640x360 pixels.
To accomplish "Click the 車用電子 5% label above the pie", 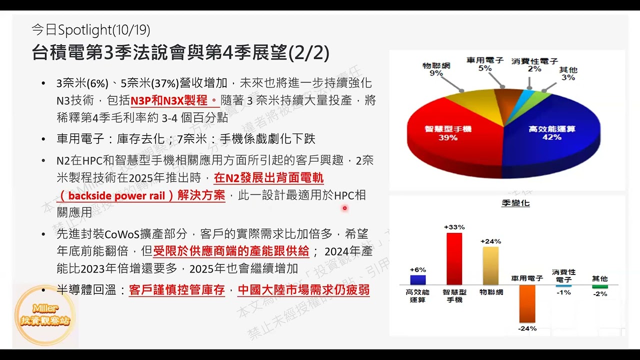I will (x=484, y=64).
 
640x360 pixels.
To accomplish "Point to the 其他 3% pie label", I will (x=568, y=73).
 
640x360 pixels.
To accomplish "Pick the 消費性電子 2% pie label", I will (x=534, y=65).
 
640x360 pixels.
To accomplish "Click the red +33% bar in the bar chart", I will (x=454, y=258).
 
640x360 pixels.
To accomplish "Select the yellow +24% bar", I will (x=490, y=265).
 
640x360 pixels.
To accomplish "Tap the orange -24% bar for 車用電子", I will (x=527, y=303).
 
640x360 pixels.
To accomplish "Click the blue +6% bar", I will (x=417, y=280).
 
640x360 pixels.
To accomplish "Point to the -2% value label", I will (x=599, y=294).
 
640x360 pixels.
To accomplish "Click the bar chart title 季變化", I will (x=515, y=203).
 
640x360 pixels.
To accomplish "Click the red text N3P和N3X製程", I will (x=170, y=100).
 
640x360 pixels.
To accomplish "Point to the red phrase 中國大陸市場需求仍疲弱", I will (x=303, y=290).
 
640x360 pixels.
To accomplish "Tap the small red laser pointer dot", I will (x=344, y=208).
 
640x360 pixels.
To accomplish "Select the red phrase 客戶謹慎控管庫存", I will (x=177, y=290).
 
